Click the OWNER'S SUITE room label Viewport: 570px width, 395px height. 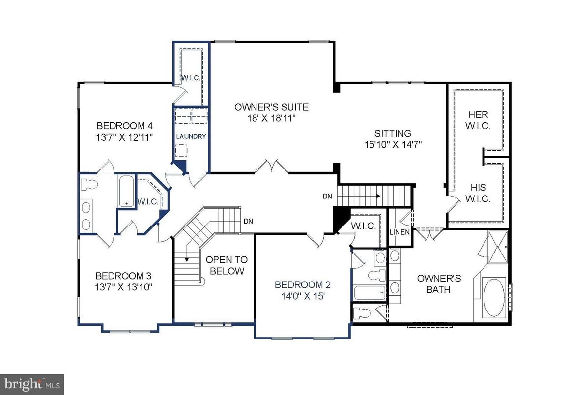point(271,107)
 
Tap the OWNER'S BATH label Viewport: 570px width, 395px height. point(438,283)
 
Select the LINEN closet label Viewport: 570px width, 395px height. point(399,232)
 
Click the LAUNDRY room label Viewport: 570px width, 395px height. point(191,137)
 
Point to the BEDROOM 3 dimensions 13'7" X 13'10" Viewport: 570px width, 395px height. point(124,287)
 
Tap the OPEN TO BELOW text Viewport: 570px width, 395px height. point(227,265)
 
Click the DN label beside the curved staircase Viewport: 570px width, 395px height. point(248,221)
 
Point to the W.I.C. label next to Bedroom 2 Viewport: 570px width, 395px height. point(363,226)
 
